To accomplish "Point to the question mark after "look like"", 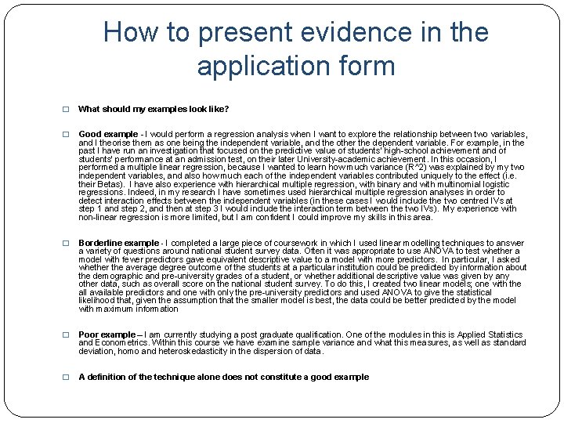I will pos(226,109).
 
